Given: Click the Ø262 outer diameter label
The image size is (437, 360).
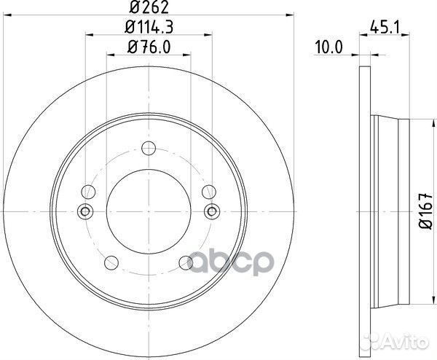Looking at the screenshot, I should tap(149, 9).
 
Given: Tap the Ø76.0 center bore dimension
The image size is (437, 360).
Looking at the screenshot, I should tap(149, 49).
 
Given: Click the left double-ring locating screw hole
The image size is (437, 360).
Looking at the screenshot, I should tap(85, 211).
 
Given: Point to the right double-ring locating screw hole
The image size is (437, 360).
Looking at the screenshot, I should tap(212, 211).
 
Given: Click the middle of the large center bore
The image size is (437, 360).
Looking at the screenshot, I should tap(149, 211).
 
